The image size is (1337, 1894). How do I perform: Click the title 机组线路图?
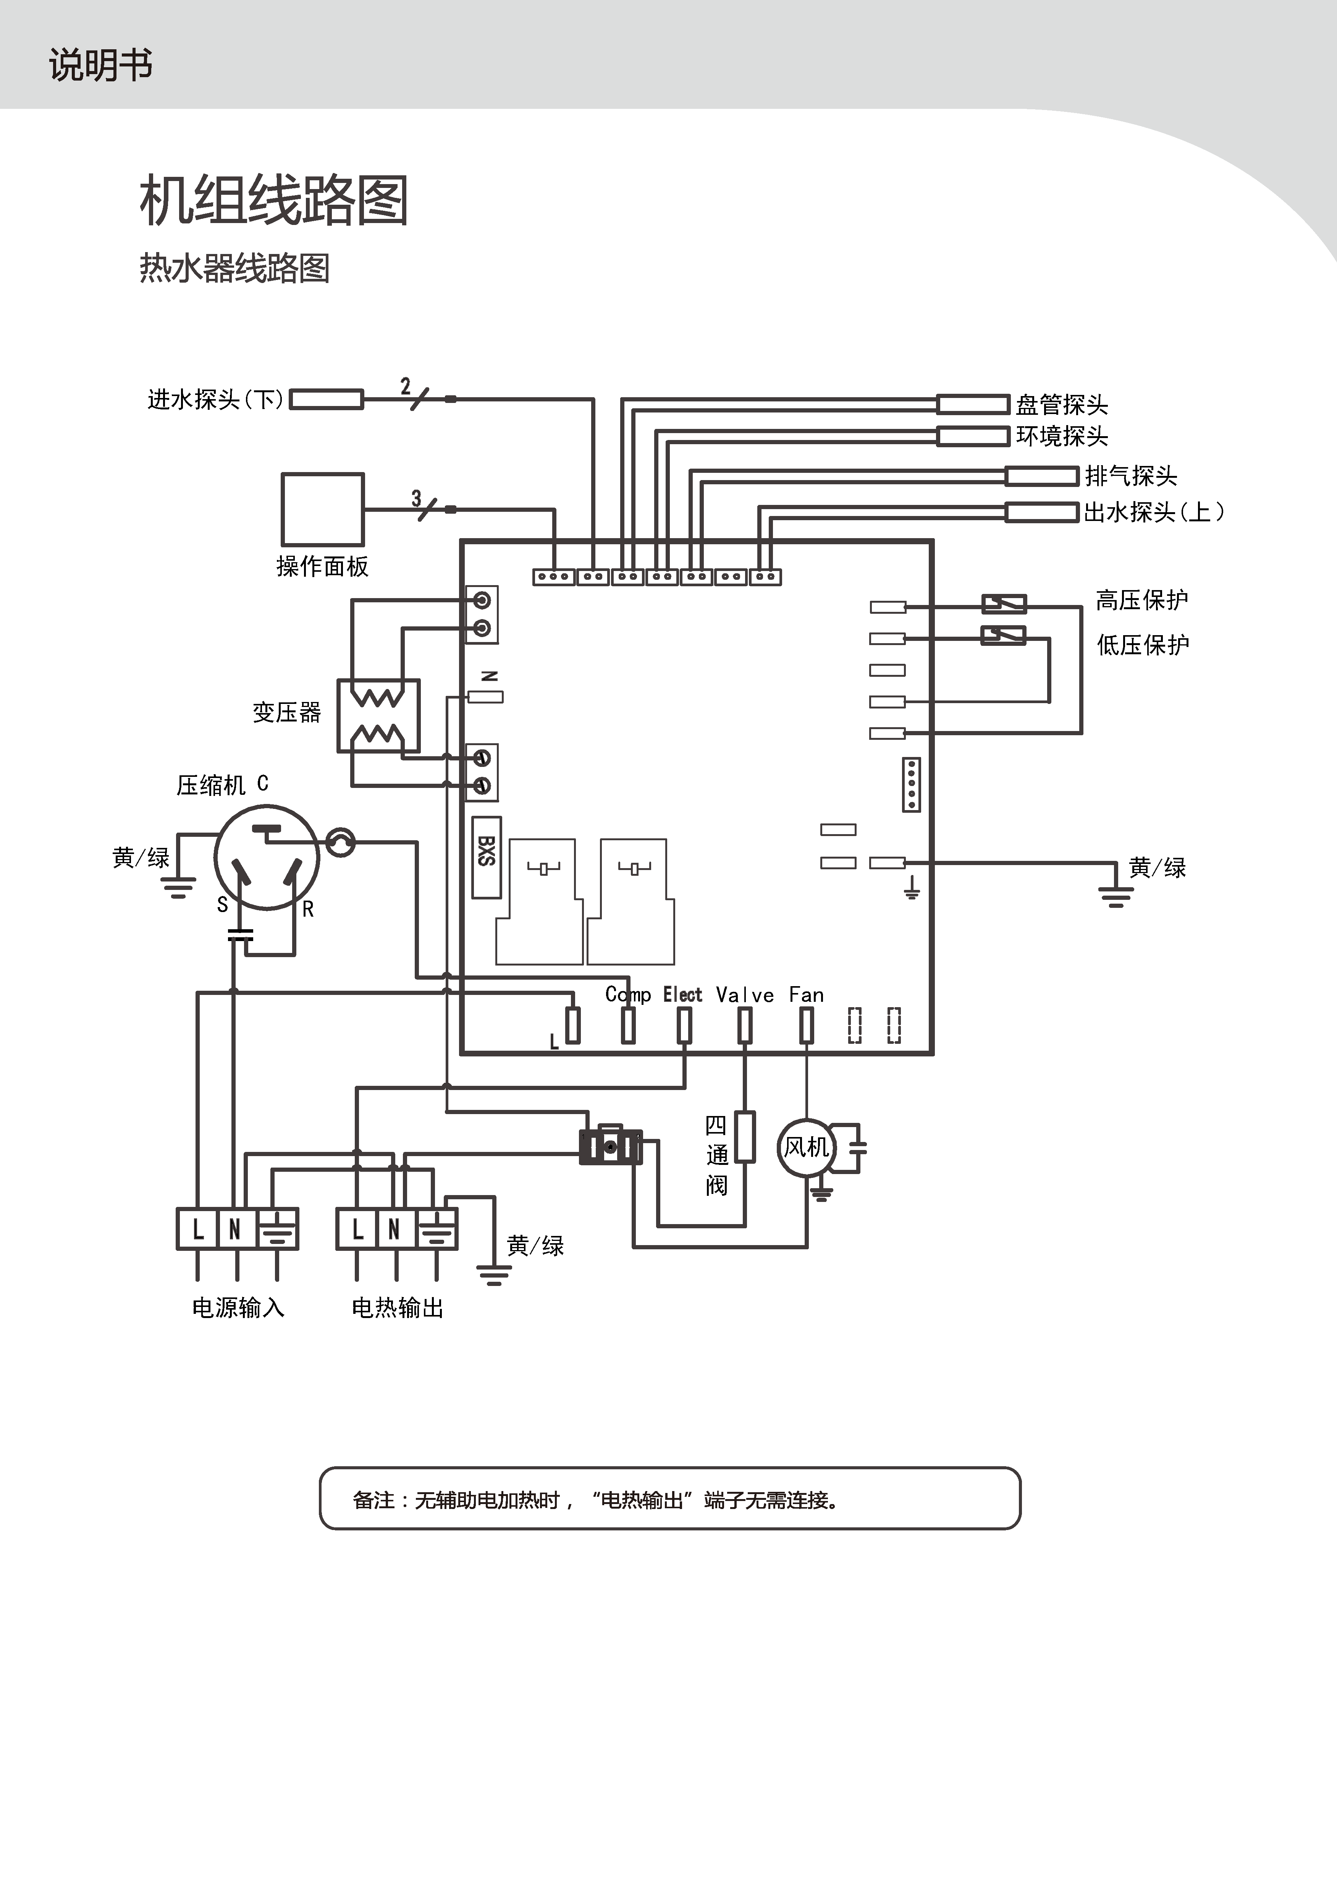274,201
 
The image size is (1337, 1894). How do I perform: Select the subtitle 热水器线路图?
234,268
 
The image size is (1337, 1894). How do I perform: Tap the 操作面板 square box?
322,509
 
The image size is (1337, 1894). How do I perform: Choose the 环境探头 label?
1062,435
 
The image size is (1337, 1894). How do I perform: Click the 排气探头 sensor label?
1130,476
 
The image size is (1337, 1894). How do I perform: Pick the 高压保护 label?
1141,600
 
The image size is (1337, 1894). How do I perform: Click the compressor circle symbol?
267,858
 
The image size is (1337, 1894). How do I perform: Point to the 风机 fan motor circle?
806,1147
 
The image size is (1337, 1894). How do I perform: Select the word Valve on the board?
745,995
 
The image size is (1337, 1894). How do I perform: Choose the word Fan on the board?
806,995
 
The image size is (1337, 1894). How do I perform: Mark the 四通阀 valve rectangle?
745,1137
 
